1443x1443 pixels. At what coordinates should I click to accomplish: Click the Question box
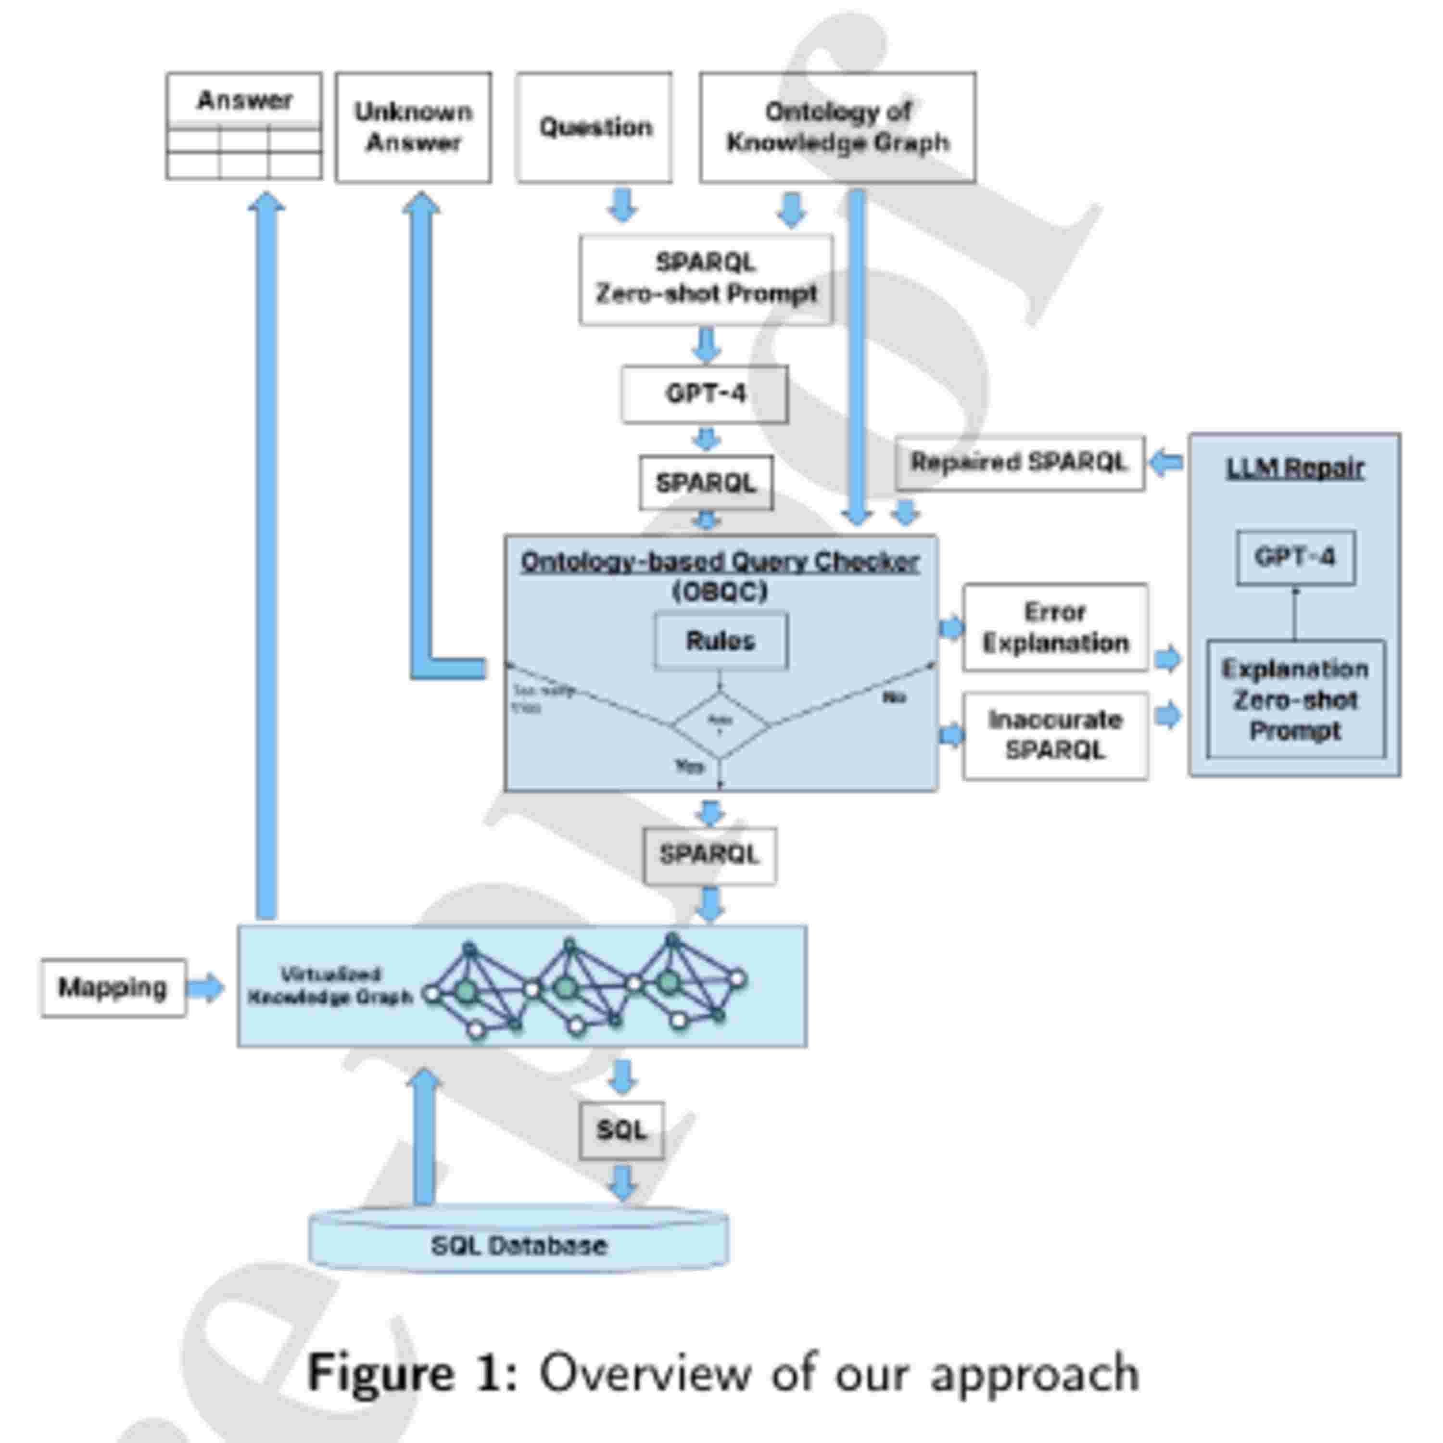[x=595, y=127]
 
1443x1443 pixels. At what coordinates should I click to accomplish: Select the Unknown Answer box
[x=413, y=127]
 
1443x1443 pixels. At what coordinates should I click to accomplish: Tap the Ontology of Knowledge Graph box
[x=837, y=127]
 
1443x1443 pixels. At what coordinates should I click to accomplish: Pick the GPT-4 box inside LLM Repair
[x=1295, y=557]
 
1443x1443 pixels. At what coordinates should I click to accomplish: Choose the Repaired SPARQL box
[x=1019, y=462]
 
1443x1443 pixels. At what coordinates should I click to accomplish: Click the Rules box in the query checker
[x=720, y=640]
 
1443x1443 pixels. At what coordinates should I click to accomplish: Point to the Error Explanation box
[x=1055, y=627]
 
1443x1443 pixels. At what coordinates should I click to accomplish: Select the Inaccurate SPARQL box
[x=1055, y=736]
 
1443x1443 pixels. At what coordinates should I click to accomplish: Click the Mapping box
[x=113, y=987]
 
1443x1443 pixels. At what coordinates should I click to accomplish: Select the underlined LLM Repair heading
[x=1295, y=468]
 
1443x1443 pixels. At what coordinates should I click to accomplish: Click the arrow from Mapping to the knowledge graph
[x=204, y=987]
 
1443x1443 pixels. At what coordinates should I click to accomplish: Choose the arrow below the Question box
[x=622, y=205]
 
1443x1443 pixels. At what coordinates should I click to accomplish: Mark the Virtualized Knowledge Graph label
[x=329, y=986]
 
